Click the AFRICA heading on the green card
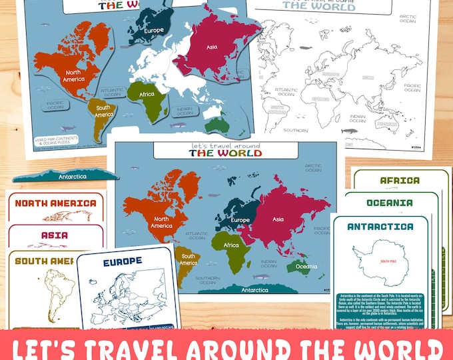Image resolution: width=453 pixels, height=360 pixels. [x=400, y=181]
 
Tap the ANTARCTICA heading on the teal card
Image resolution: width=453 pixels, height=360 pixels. [x=380, y=226]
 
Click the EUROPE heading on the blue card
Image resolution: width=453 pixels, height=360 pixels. [x=123, y=262]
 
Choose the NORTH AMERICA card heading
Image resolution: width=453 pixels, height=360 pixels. [x=55, y=203]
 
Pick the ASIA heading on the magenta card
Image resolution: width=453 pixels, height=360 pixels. [x=54, y=235]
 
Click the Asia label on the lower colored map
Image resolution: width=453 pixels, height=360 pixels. [x=278, y=219]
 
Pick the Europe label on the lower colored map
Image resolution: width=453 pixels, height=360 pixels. [x=240, y=220]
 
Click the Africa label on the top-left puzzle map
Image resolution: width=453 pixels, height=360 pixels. [x=147, y=95]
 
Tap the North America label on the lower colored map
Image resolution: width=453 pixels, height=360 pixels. [x=161, y=222]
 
